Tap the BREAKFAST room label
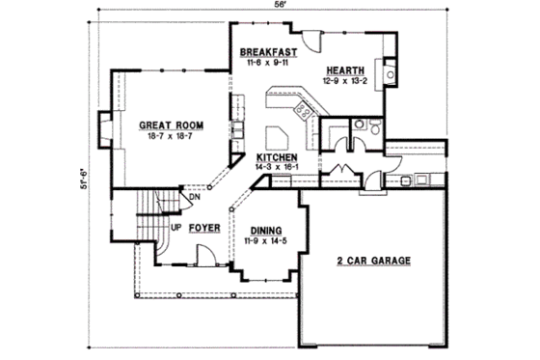(x=267, y=52)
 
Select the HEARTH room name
(x=344, y=69)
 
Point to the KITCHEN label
(x=276, y=157)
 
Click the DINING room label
(x=265, y=230)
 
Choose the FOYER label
(x=202, y=229)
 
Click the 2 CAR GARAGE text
(x=374, y=261)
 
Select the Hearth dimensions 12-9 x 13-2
(x=344, y=81)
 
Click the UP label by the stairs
(x=176, y=229)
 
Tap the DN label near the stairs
(x=194, y=198)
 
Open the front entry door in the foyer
(x=204, y=256)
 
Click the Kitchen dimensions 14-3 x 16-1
(x=276, y=168)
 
